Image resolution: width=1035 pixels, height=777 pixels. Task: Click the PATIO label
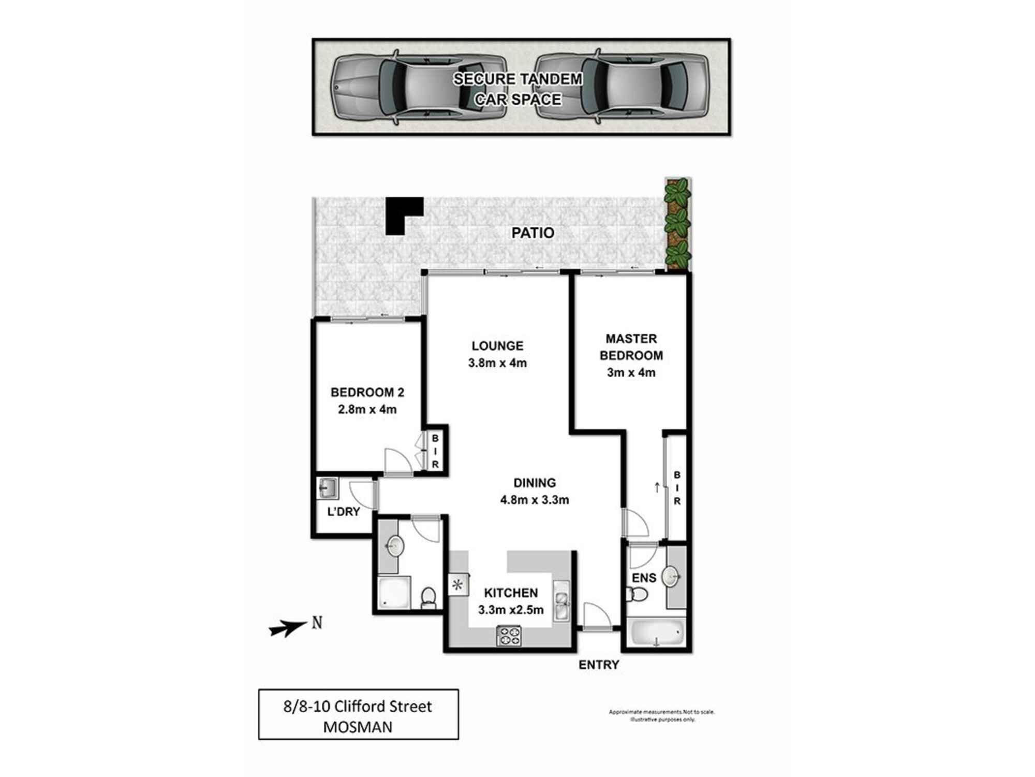tap(533, 233)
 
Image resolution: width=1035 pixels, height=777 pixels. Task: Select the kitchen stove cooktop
tap(509, 636)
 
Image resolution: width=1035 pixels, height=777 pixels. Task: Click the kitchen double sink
tap(561, 601)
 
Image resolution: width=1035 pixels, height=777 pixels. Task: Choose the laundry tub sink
tap(328, 487)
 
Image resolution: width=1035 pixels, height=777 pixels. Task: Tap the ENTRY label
tap(599, 665)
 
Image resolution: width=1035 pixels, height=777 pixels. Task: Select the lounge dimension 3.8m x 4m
tap(497, 363)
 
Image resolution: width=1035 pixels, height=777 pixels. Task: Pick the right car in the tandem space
tap(621, 87)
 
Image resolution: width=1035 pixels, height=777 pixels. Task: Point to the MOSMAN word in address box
tap(358, 727)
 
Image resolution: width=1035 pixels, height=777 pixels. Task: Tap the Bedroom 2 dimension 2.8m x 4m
tap(367, 410)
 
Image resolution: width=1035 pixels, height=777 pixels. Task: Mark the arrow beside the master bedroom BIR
tap(657, 487)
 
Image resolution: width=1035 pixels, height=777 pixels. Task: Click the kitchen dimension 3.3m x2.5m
tap(511, 610)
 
